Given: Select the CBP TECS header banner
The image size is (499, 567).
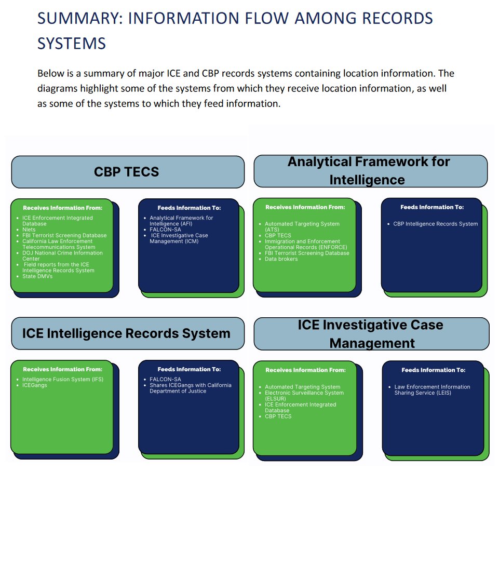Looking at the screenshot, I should (127, 172).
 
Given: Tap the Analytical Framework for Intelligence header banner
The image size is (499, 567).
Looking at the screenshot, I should (370, 171).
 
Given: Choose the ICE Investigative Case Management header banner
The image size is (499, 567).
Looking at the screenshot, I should (371, 334).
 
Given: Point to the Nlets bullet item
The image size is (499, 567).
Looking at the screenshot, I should (29, 230).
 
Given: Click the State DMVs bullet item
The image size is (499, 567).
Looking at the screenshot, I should (37, 276).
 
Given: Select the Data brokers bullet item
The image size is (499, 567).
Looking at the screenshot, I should (281, 259).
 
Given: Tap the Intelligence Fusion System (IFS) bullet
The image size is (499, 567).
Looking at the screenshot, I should (62, 380).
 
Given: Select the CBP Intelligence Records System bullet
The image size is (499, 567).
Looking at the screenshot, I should (435, 224).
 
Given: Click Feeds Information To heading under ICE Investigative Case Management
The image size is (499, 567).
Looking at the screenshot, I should (433, 370).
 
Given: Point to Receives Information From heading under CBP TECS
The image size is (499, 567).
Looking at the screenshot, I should (62, 208).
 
